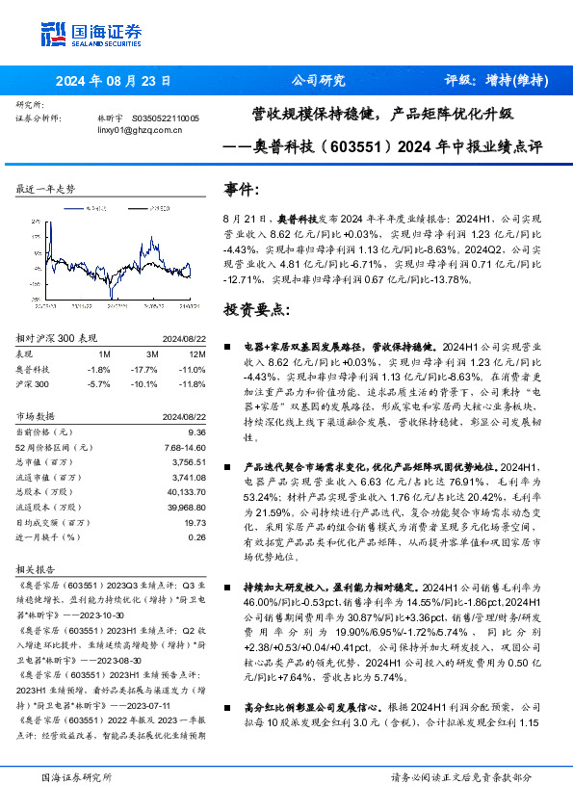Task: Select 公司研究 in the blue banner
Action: tap(319, 82)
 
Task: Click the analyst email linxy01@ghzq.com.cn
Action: tap(141, 131)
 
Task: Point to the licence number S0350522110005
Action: tap(158, 118)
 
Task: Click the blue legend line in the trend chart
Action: tap(71, 206)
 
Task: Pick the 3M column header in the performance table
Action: tap(146, 354)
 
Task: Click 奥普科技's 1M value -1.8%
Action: tap(97, 369)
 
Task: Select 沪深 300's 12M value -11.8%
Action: tap(193, 383)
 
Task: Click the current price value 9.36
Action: tap(194, 433)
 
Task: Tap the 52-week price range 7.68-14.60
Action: tap(179, 447)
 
